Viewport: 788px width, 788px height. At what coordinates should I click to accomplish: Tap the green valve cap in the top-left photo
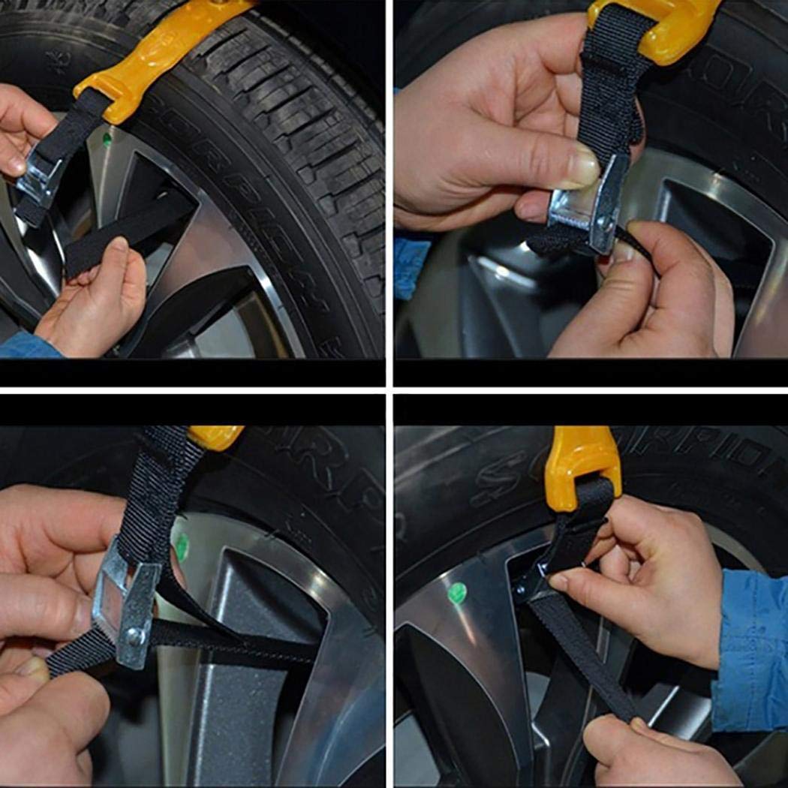coord(107,138)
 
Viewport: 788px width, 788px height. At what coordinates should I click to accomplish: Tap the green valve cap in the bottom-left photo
coord(181,546)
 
